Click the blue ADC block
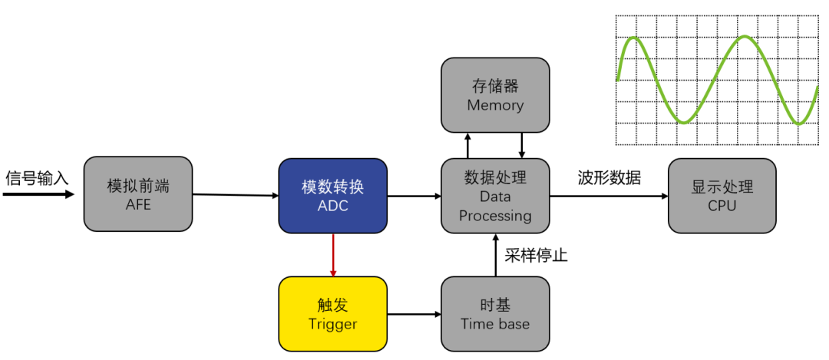[332, 195]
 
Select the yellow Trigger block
[332, 314]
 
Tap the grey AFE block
[137, 195]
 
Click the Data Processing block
[495, 196]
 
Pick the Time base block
[495, 314]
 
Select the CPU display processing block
[722, 196]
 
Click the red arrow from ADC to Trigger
[332, 254]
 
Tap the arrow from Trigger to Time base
[414, 314]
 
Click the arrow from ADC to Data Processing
[414, 197]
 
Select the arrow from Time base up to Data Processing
[495, 254]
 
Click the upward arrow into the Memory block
[468, 145]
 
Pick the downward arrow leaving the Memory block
[522, 145]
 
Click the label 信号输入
[37, 178]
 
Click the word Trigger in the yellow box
[332, 324]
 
